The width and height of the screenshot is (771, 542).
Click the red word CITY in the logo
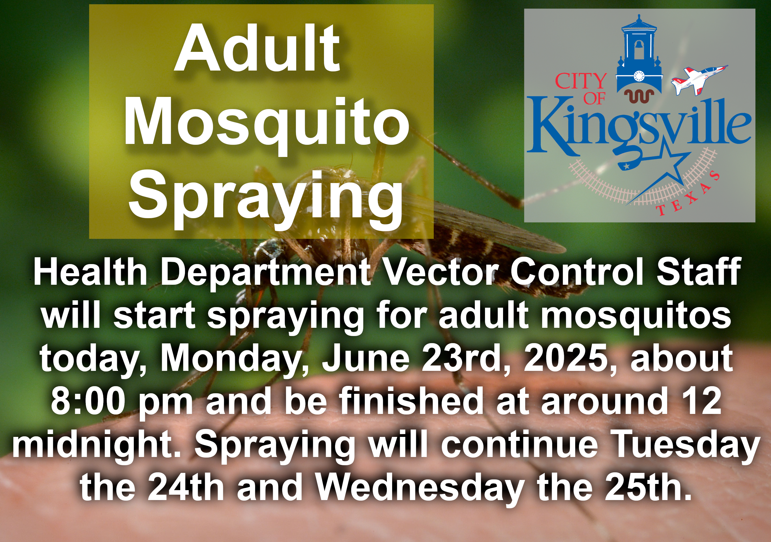coord(580,81)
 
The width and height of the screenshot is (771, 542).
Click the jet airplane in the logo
coord(699,80)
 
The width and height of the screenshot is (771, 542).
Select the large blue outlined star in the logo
coord(658,171)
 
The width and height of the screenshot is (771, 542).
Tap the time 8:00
coord(88,401)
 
